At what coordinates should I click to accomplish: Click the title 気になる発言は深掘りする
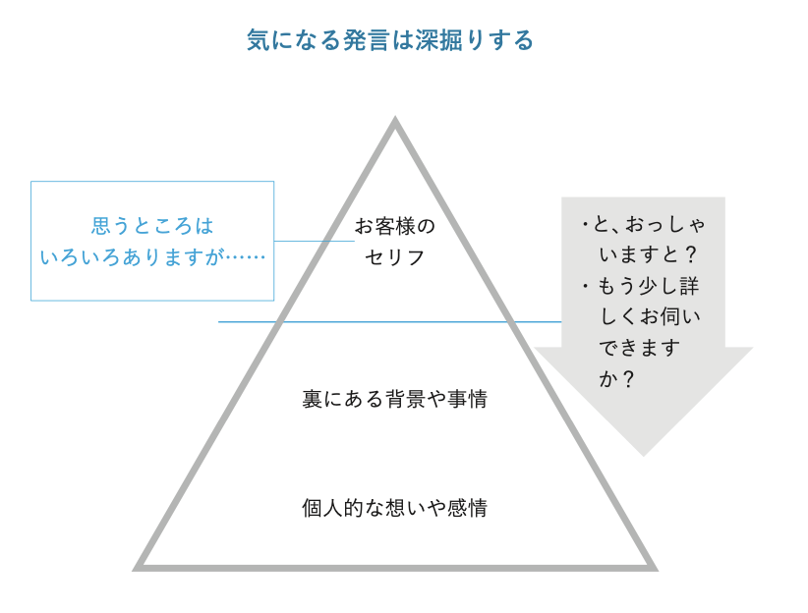[x=390, y=40]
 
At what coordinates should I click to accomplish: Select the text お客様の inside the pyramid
[x=394, y=227]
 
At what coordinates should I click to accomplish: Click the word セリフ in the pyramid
[x=394, y=258]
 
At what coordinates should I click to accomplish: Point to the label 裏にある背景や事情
[x=394, y=400]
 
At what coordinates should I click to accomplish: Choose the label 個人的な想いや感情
[x=394, y=508]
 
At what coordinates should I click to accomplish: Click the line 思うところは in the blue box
[x=152, y=225]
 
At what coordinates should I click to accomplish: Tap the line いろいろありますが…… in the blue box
[x=152, y=256]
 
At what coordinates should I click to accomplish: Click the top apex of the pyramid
[x=395, y=122]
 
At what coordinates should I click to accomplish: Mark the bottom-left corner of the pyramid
[x=138, y=567]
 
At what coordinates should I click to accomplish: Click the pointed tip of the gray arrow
[x=643, y=454]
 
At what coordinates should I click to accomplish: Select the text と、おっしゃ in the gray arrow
[x=648, y=224]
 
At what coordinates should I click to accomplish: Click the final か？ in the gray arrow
[x=616, y=378]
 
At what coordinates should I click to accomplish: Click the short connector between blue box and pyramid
[x=314, y=241]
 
